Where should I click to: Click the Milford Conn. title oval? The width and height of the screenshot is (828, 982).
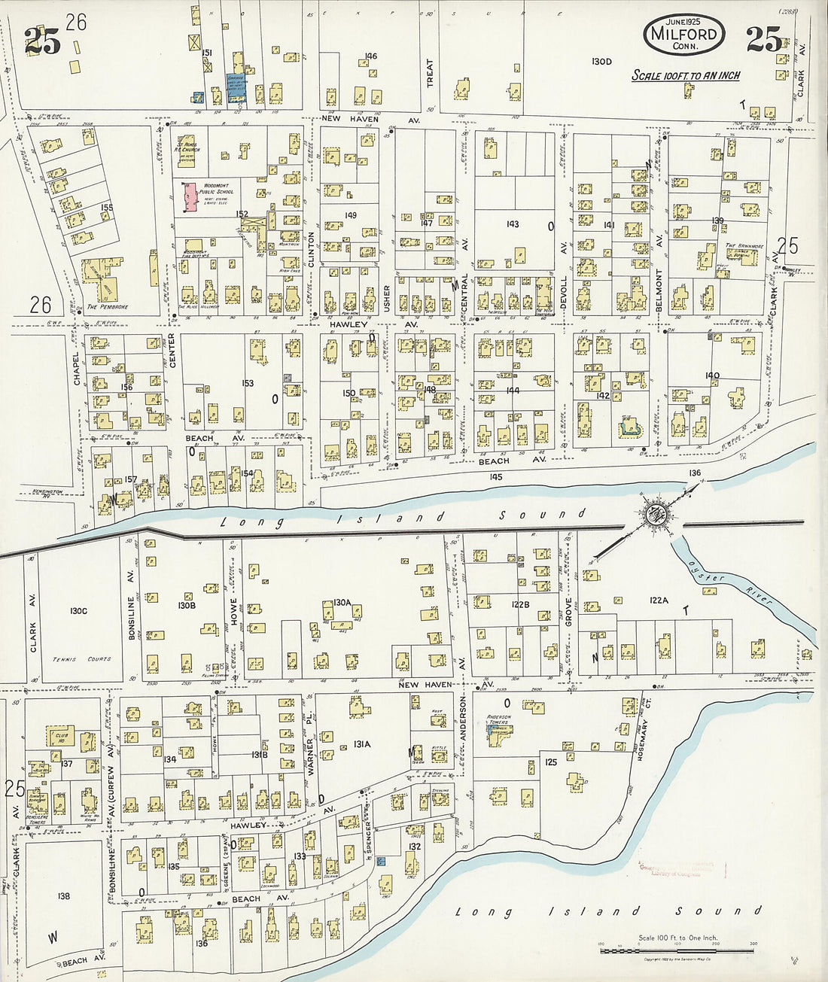684,36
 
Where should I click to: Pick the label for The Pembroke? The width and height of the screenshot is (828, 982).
102,307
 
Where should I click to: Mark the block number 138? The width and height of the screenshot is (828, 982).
63,895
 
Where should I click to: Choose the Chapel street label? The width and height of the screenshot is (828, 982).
77,368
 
